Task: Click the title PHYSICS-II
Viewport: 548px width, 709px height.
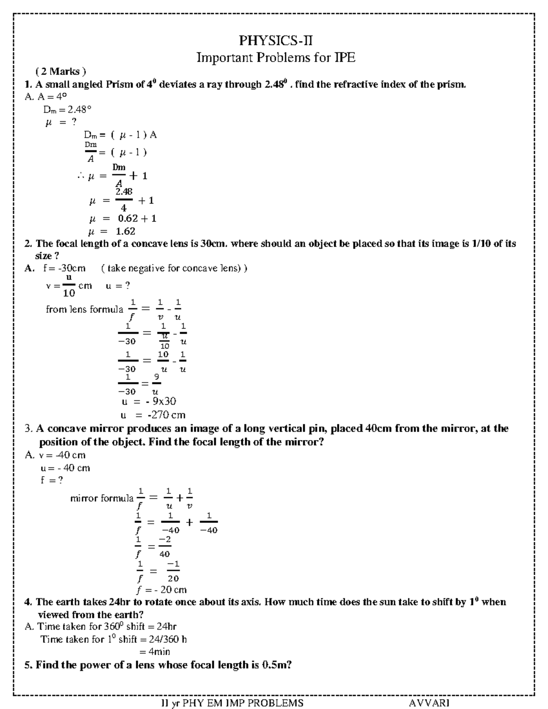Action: [x=276, y=41]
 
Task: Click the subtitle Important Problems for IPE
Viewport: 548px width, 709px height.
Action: [x=275, y=58]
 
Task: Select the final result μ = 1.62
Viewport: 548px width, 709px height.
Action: [x=112, y=231]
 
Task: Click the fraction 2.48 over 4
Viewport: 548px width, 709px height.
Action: [x=124, y=200]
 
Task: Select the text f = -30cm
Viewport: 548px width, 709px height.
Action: [x=64, y=268]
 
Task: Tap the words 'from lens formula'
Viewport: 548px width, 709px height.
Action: [x=84, y=310]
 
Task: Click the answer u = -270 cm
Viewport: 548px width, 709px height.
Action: [x=153, y=415]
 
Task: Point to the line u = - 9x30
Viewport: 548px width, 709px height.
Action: [x=148, y=401]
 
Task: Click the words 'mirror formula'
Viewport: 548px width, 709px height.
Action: [x=102, y=498]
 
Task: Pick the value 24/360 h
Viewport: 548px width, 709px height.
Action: [x=167, y=639]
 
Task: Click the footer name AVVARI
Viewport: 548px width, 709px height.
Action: [x=429, y=703]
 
